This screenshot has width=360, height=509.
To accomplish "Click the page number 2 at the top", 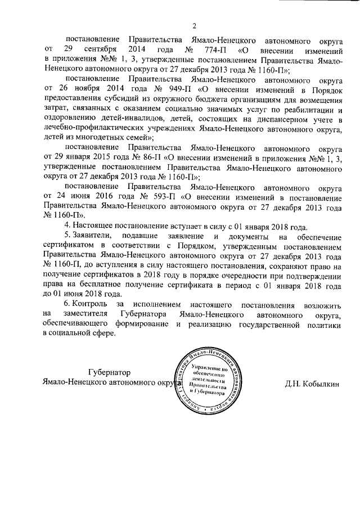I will pyautogui.click(x=194, y=25).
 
